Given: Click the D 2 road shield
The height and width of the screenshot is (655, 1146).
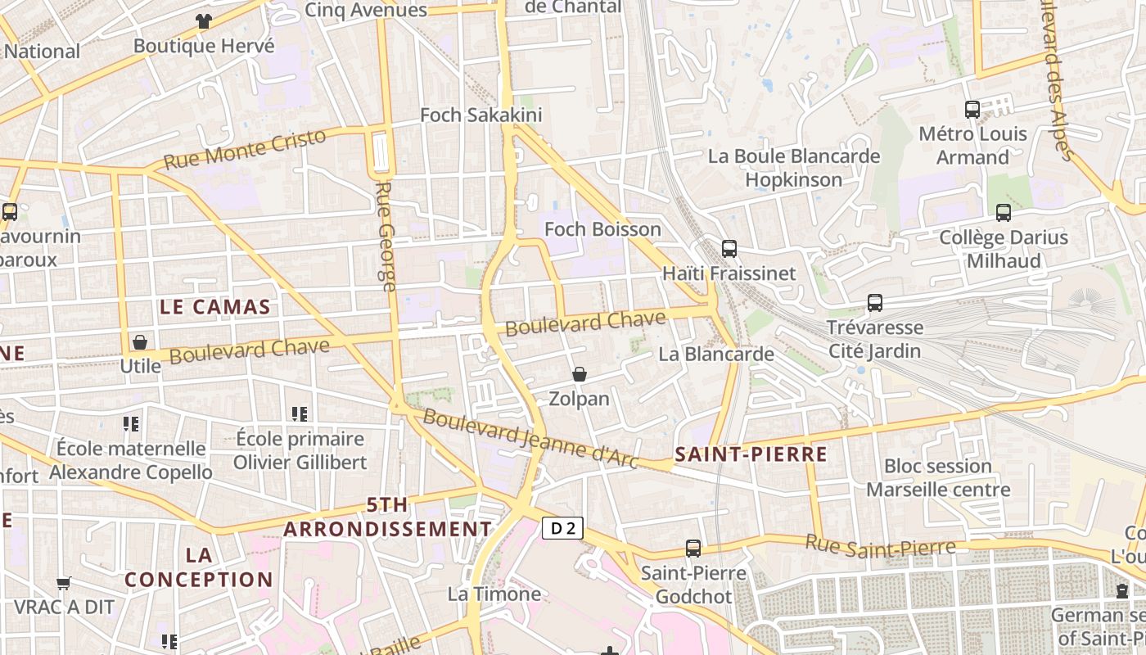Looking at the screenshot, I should coord(562,529).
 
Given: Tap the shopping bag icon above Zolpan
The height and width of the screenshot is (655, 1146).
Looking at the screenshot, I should coord(580,374).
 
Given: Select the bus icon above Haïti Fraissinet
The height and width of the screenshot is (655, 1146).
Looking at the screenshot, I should coord(729,249).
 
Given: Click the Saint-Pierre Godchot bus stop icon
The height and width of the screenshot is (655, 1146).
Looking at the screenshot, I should coord(693,549).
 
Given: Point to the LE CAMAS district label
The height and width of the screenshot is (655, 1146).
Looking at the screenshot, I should coord(215,307).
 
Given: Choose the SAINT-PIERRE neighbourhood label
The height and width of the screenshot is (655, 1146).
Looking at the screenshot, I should coord(751,454).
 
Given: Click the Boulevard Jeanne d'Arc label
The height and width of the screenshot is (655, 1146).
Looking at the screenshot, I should coord(530,439).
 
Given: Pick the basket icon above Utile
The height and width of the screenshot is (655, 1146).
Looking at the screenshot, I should coord(140,341).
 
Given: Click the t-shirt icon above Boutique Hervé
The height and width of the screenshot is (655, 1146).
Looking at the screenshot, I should coord(204,21).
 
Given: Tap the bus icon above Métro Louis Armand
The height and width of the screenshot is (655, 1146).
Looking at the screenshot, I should coord(972,109).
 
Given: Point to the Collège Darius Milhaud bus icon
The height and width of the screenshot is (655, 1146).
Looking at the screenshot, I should coord(1004,213).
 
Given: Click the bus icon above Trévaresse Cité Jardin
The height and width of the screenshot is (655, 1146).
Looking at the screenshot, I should coord(875,303).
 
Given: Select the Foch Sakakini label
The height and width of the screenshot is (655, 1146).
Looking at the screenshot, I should coord(481,115).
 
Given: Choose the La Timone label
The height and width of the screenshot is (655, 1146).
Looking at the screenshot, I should coord(494,594).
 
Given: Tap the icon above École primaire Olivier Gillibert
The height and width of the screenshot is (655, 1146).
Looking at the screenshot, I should coord(300,414).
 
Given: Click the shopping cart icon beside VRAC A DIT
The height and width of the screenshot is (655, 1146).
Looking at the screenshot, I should coord(64,583).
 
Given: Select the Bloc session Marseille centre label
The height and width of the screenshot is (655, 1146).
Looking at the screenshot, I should coord(938,478).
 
